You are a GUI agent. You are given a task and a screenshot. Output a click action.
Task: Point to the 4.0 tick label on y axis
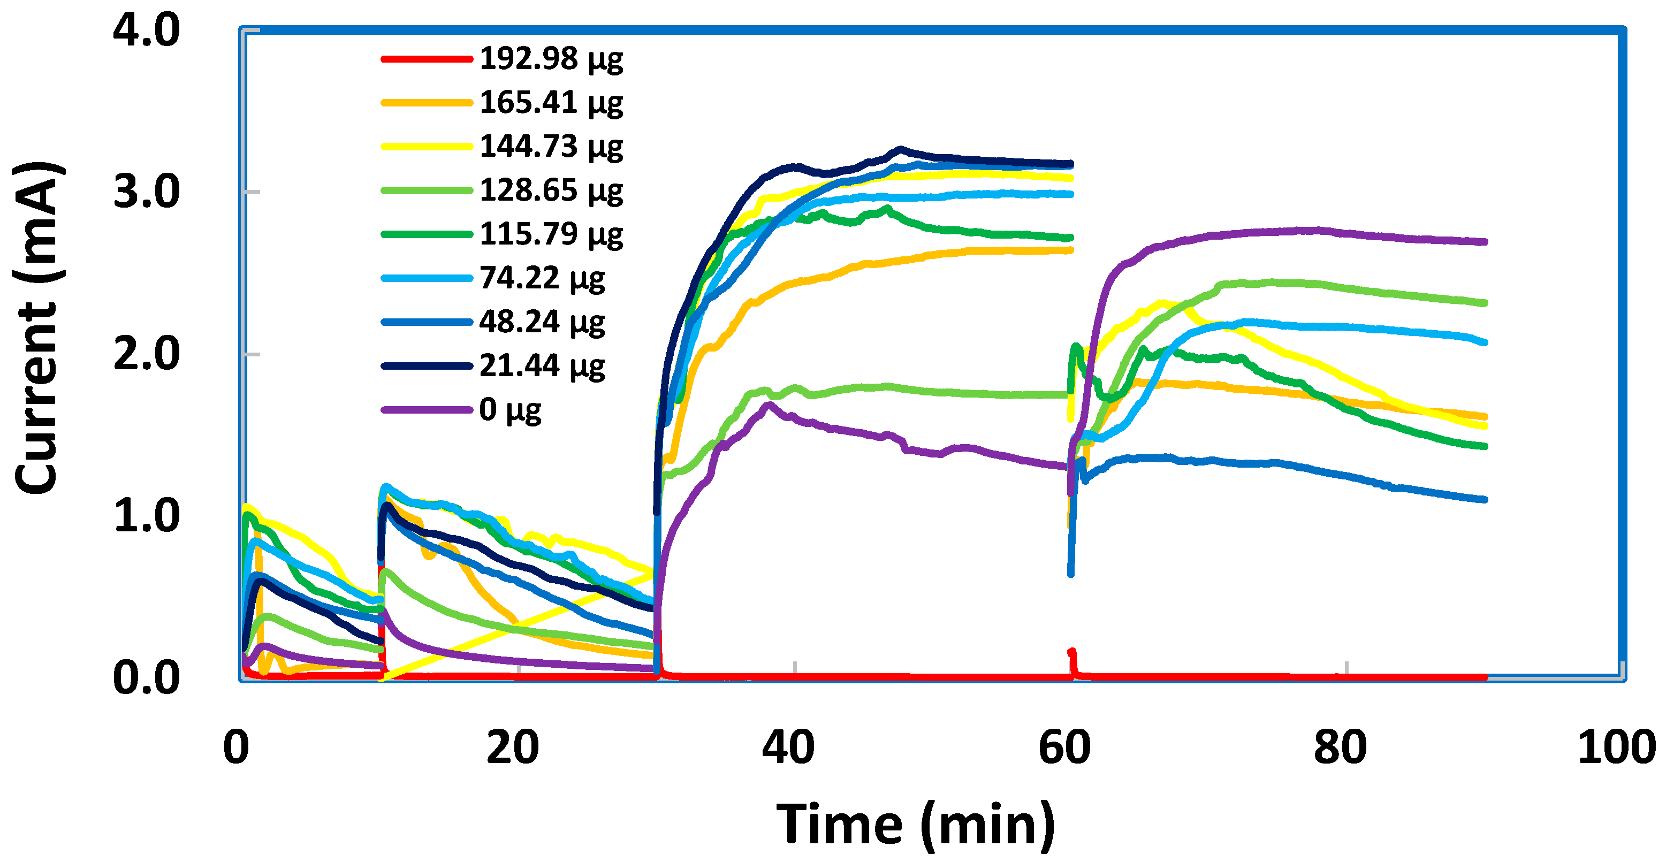(146, 30)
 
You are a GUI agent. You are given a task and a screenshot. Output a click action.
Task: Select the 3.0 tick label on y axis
(146, 192)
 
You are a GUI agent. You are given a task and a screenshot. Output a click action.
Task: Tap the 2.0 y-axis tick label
(146, 354)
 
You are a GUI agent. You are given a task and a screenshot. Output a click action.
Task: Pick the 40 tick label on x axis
(788, 747)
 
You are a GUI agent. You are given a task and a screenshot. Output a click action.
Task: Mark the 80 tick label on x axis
(1340, 747)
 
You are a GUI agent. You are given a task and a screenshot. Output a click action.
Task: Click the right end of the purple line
(1485, 242)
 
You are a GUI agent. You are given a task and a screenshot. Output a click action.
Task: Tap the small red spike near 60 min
(1071, 654)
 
